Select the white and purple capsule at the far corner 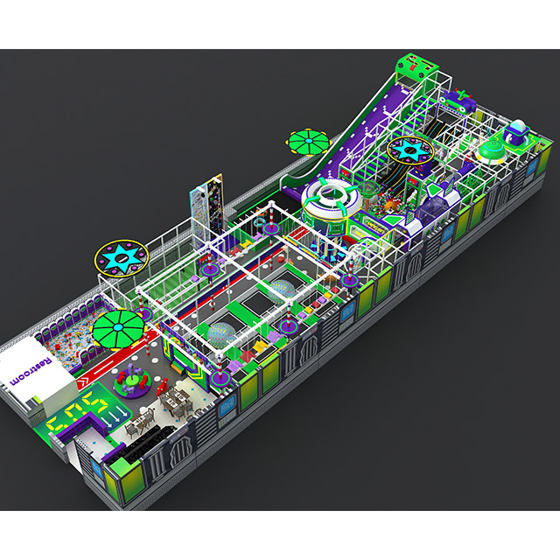(514, 133)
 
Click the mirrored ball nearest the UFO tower (282, 292)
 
